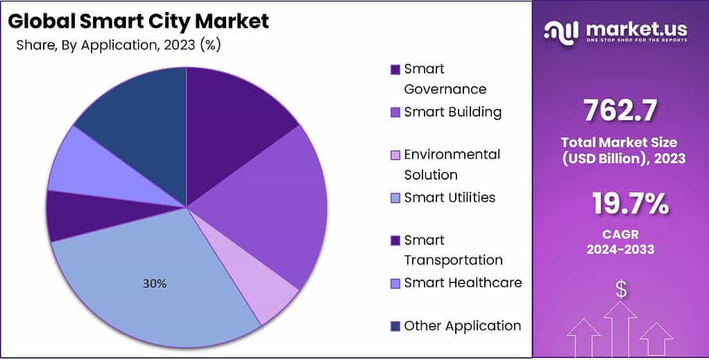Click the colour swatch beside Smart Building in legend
[x=395, y=112]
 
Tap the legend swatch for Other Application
[x=395, y=326]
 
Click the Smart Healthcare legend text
[x=463, y=282]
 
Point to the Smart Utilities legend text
[x=450, y=198]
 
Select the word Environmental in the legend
[x=452, y=154]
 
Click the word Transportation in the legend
[x=453, y=260]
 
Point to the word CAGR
[x=621, y=235]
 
